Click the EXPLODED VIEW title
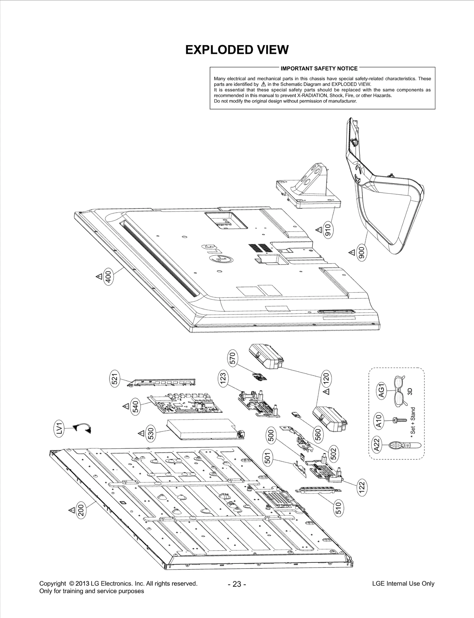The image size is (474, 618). pyautogui.click(x=237, y=50)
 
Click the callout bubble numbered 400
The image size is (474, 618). pyautogui.click(x=108, y=277)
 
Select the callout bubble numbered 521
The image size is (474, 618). pyautogui.click(x=115, y=379)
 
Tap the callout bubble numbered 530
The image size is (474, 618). pyautogui.click(x=151, y=433)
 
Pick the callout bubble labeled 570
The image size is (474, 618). pyautogui.click(x=233, y=358)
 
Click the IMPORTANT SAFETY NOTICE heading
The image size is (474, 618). pyautogui.click(x=319, y=69)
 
